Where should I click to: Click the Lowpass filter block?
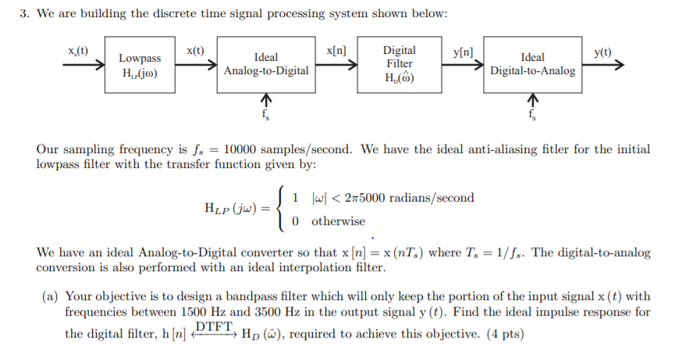[140, 64]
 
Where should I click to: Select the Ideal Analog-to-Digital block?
[265, 64]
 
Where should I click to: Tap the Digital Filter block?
[399, 64]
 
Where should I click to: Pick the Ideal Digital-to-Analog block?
[532, 64]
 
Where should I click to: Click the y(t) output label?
[602, 52]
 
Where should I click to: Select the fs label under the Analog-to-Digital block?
[266, 115]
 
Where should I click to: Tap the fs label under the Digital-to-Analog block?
[533, 115]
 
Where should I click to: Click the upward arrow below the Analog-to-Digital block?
[266, 100]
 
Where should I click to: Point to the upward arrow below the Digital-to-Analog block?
[533, 100]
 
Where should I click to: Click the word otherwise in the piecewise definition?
[338, 221]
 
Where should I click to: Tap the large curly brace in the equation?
[283, 209]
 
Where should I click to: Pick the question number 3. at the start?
[24, 13]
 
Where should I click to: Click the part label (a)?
[52, 296]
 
